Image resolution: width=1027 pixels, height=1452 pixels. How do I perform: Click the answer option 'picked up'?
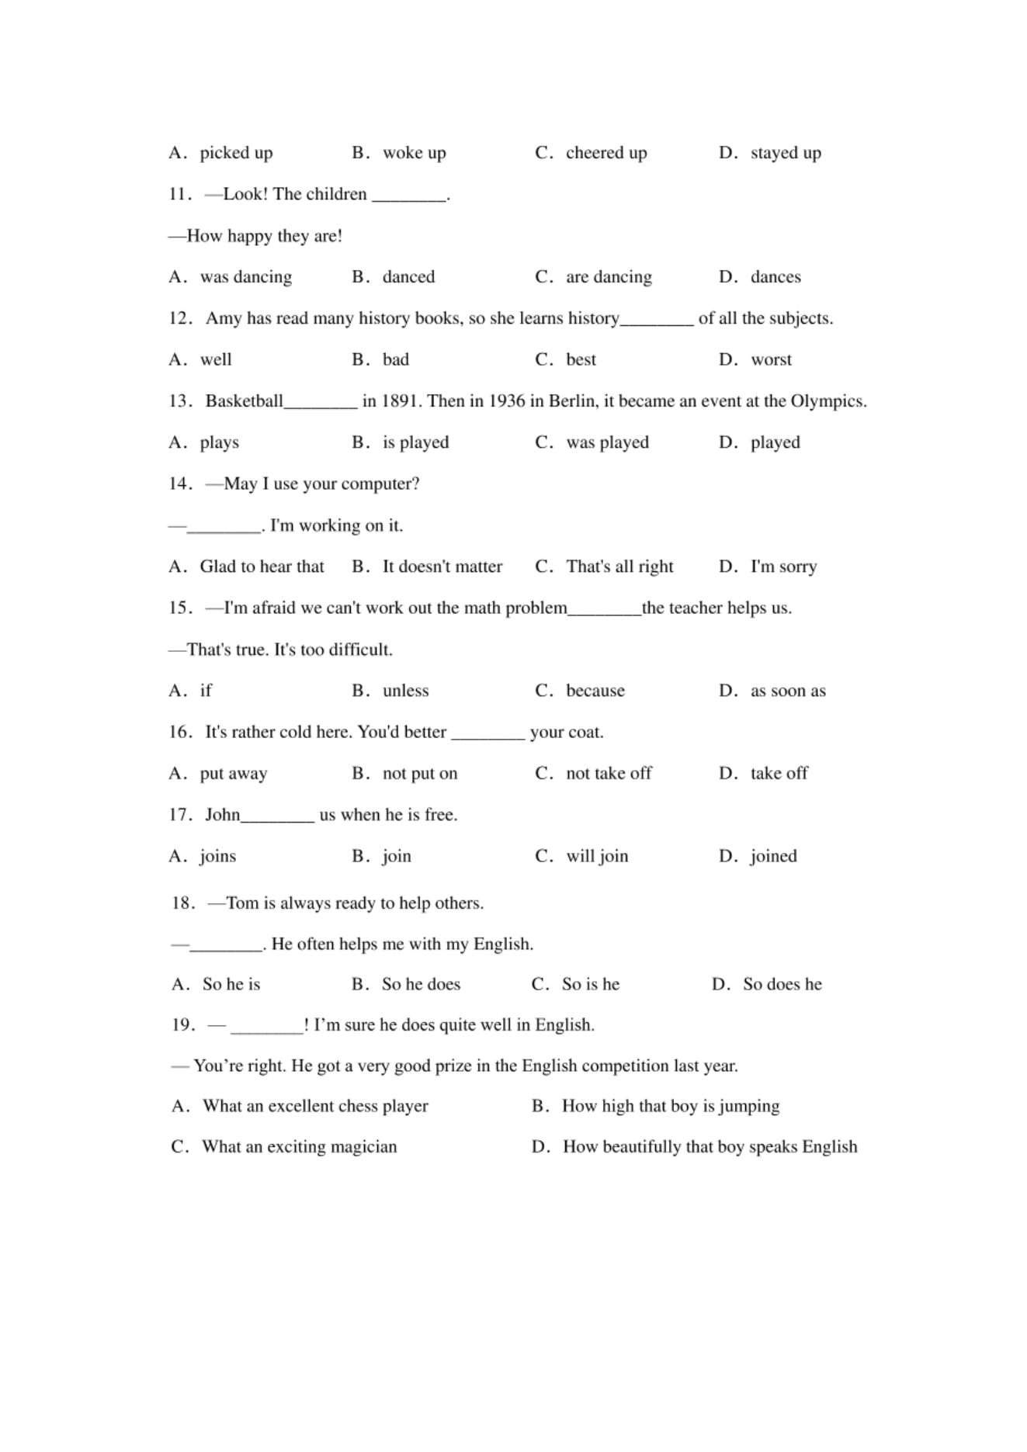pyautogui.click(x=236, y=153)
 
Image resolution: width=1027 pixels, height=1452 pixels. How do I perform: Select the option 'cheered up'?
pyautogui.click(x=605, y=153)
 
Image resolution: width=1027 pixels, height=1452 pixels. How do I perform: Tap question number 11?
pyautogui.click(x=179, y=194)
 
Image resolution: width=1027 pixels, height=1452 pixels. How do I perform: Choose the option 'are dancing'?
pyautogui.click(x=609, y=277)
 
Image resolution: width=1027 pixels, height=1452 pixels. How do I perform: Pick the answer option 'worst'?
pyautogui.click(x=771, y=359)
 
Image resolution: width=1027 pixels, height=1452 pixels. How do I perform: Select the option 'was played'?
pyautogui.click(x=607, y=442)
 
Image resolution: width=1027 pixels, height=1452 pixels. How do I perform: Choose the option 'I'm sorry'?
pyautogui.click(x=783, y=567)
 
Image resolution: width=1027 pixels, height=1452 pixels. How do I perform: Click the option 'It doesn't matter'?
pyautogui.click(x=442, y=567)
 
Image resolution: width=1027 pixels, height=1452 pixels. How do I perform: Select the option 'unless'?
pyautogui.click(x=405, y=691)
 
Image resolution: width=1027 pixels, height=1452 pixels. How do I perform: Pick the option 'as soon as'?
pyautogui.click(x=788, y=691)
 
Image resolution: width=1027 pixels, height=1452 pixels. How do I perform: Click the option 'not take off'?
pyautogui.click(x=609, y=773)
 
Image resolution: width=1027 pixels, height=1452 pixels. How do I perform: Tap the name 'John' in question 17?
pyautogui.click(x=223, y=815)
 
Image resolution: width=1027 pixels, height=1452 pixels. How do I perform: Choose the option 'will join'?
pyautogui.click(x=597, y=856)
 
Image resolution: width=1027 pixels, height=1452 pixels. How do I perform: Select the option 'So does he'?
pyautogui.click(x=782, y=984)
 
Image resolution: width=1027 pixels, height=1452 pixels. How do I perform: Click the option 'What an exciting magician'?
pyautogui.click(x=299, y=1147)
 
